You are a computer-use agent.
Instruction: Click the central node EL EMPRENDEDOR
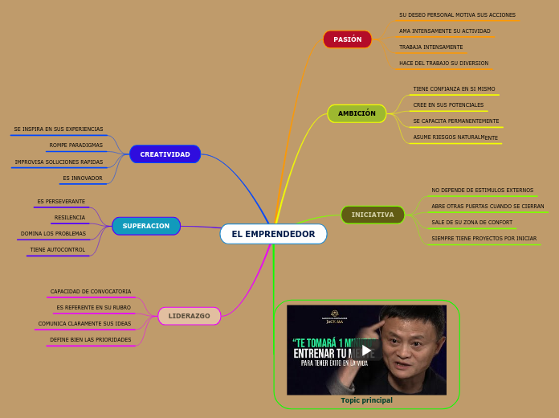pyautogui.click(x=273, y=234)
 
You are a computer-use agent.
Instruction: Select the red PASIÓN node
pyautogui.click(x=347, y=39)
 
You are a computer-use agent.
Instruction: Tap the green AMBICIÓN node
pyautogui.click(x=357, y=113)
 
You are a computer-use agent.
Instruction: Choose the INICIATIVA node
pyautogui.click(x=373, y=215)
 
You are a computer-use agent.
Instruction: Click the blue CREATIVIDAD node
pyautogui.click(x=165, y=154)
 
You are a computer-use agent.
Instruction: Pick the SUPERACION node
pyautogui.click(x=146, y=226)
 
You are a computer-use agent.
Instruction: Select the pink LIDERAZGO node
pyautogui.click(x=189, y=316)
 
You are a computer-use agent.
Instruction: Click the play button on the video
pyautogui.click(x=366, y=350)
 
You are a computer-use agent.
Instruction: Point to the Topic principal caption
pyautogui.click(x=366, y=400)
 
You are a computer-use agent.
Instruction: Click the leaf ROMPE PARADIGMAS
pyautogui.click(x=75, y=145)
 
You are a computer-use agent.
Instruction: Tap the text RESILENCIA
pyautogui.click(x=70, y=218)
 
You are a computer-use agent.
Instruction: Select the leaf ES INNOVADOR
pyautogui.click(x=83, y=178)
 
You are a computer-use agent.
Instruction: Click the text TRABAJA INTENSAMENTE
pyautogui.click(x=430, y=47)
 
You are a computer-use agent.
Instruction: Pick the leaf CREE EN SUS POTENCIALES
pyautogui.click(x=448, y=105)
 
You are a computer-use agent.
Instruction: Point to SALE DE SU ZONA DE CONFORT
pyautogui.click(x=471, y=223)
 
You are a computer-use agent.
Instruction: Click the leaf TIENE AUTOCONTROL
pyautogui.click(x=58, y=250)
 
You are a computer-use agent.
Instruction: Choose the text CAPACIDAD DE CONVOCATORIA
pyautogui.click(x=91, y=292)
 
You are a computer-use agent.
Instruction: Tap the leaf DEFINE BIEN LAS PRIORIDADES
pyautogui.click(x=91, y=340)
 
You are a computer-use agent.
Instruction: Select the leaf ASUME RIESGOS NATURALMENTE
pyautogui.click(x=455, y=137)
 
